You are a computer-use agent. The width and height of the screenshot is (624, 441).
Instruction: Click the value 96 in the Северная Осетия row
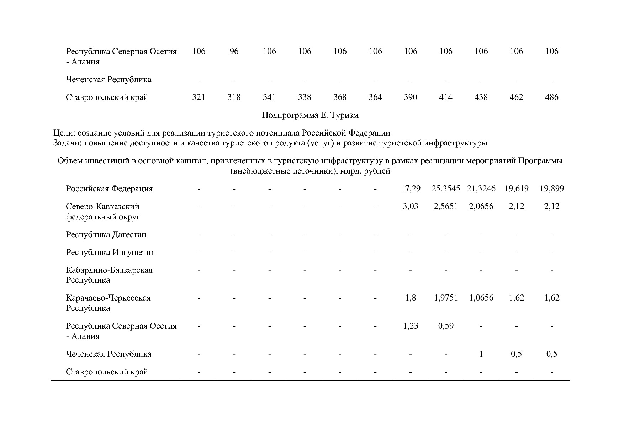234,51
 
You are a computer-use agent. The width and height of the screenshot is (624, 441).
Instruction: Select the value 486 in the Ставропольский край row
551,97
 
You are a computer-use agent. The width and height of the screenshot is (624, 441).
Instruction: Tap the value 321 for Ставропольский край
199,97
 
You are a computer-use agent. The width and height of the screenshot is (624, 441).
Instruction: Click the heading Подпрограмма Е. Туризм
310,115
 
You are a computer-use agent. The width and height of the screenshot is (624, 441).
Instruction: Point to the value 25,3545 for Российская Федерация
446,188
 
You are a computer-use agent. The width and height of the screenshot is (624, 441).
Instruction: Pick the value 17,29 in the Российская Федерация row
411,188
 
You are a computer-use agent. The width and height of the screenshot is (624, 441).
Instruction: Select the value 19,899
551,188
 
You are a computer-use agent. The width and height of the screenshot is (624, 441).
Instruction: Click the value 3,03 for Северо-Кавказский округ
411,206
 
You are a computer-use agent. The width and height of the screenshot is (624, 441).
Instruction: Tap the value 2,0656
481,206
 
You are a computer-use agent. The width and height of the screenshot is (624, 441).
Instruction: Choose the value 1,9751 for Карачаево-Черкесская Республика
446,298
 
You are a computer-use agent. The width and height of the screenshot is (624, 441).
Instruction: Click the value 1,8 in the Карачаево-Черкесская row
411,298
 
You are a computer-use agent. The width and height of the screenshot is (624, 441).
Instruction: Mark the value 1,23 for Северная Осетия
411,326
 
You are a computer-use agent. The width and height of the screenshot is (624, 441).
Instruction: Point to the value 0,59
446,326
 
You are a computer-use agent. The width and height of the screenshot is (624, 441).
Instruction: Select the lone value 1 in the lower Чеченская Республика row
481,354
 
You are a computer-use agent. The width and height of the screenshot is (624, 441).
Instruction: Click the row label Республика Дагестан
106,235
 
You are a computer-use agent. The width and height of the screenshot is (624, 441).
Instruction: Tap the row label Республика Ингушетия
110,253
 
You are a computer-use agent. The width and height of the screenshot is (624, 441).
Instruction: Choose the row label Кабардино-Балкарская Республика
109,275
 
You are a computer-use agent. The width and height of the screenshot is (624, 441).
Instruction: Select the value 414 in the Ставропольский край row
446,97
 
